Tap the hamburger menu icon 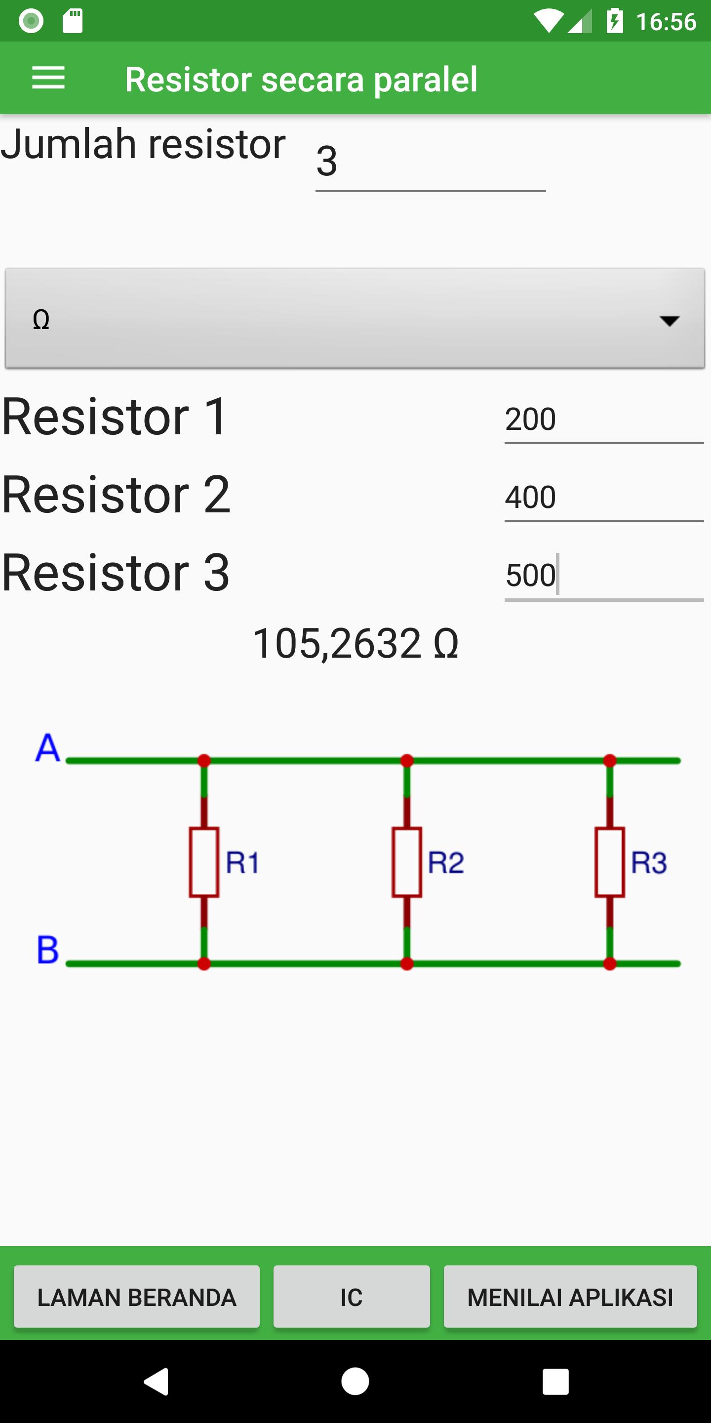pyautogui.click(x=48, y=78)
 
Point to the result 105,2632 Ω pyautogui.click(x=355, y=643)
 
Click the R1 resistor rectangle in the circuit pyautogui.click(x=204, y=862)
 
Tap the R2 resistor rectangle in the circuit pyautogui.click(x=407, y=862)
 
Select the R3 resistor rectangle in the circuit pyautogui.click(x=610, y=862)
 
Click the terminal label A pyautogui.click(x=47, y=748)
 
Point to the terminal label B pyautogui.click(x=47, y=950)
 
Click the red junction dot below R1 pyautogui.click(x=204, y=964)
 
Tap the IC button pyautogui.click(x=352, y=1297)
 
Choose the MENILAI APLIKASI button pyautogui.click(x=570, y=1297)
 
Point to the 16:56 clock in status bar pyautogui.click(x=666, y=22)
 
